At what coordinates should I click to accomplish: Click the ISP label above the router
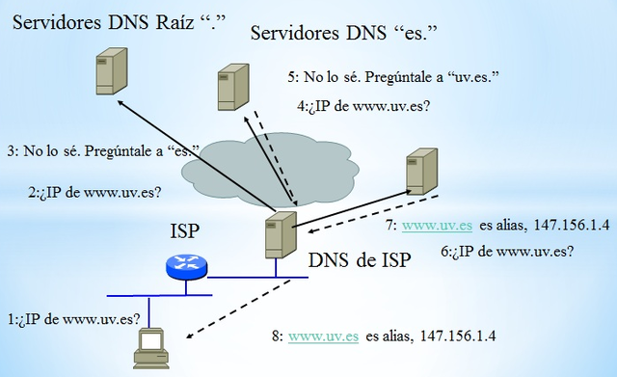pyautogui.click(x=186, y=232)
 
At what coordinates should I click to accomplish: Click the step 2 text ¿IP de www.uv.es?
pyautogui.click(x=94, y=192)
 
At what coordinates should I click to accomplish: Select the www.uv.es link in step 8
pyautogui.click(x=324, y=337)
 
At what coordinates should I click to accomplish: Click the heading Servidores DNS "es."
pyautogui.click(x=345, y=35)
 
